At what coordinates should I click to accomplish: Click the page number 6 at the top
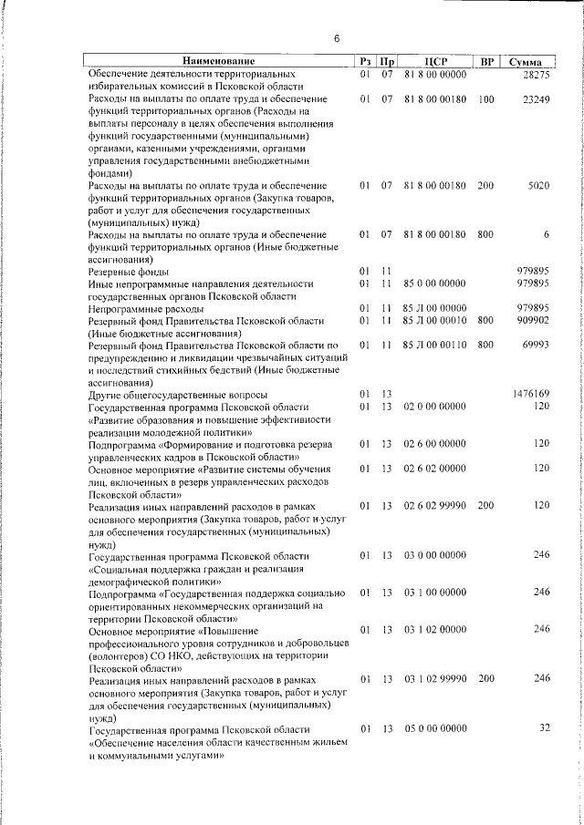click(x=336, y=38)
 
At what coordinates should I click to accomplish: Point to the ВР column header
click(x=486, y=60)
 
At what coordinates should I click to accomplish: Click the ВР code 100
click(x=485, y=98)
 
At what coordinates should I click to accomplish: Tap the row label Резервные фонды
click(x=125, y=272)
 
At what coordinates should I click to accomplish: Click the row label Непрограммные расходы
click(x=139, y=309)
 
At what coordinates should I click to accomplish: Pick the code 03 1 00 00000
click(x=434, y=593)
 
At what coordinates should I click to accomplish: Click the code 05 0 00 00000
click(x=434, y=730)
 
